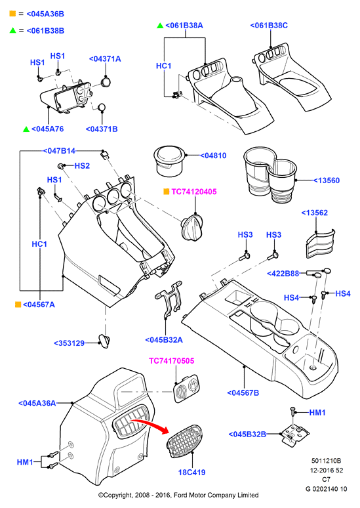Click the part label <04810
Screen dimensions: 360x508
213,156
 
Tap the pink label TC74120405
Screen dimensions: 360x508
194,192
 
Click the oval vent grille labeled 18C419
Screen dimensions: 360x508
185,441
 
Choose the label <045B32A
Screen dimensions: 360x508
164,340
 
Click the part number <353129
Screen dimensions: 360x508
69,343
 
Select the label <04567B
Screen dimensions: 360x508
243,392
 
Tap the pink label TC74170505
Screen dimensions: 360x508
172,360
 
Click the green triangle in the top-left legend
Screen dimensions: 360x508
12,30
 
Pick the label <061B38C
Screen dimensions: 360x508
269,26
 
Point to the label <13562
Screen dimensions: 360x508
314,213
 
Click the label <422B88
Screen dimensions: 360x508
283,274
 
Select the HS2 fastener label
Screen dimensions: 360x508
82,165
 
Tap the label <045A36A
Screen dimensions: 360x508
37,403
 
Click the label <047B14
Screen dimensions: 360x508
59,151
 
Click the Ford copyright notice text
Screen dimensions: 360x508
178,495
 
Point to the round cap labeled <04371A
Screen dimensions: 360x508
106,81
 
